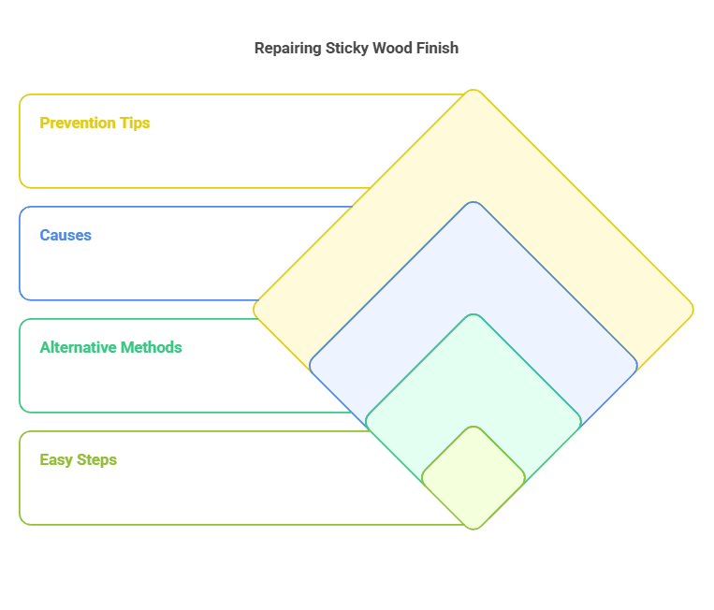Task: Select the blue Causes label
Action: click(x=66, y=235)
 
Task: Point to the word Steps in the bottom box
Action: click(x=96, y=459)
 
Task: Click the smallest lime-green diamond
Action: click(x=474, y=477)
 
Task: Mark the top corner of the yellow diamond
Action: click(x=474, y=92)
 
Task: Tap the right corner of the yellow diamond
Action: click(x=692, y=310)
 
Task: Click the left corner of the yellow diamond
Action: click(x=255, y=310)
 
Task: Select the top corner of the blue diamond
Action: click(x=474, y=203)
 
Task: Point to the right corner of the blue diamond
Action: click(x=635, y=365)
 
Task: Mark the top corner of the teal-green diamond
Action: click(x=474, y=315)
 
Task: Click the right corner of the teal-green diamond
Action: click(x=579, y=421)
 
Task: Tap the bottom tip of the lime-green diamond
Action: click(x=474, y=528)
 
